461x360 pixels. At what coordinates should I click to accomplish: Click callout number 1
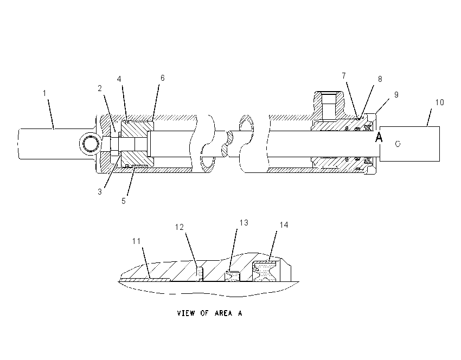click(x=44, y=93)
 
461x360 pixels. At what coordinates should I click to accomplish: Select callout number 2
click(x=100, y=88)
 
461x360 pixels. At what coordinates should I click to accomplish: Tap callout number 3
click(x=100, y=191)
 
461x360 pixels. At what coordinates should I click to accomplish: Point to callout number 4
click(x=119, y=79)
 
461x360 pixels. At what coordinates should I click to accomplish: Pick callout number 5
click(x=124, y=201)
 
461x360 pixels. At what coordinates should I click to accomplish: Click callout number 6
click(x=163, y=78)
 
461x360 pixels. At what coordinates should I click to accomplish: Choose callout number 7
click(x=344, y=76)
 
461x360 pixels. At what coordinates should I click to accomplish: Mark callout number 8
click(x=380, y=79)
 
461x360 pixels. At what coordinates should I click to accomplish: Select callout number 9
click(x=396, y=95)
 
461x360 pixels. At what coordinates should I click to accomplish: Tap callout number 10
click(x=439, y=102)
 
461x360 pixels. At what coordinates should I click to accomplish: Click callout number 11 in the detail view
click(x=137, y=241)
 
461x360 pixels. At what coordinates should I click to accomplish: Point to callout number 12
click(x=180, y=227)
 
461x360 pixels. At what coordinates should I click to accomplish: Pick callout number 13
click(x=244, y=223)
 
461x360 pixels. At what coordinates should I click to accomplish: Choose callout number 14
click(x=284, y=225)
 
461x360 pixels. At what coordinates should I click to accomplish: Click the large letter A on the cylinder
click(x=379, y=137)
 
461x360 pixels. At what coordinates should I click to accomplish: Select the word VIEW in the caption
click(x=186, y=313)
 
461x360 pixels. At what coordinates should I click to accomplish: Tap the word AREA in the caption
click(x=223, y=313)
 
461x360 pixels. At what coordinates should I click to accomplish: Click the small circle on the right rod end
click(x=398, y=144)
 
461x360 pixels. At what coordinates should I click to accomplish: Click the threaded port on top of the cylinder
click(x=329, y=106)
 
